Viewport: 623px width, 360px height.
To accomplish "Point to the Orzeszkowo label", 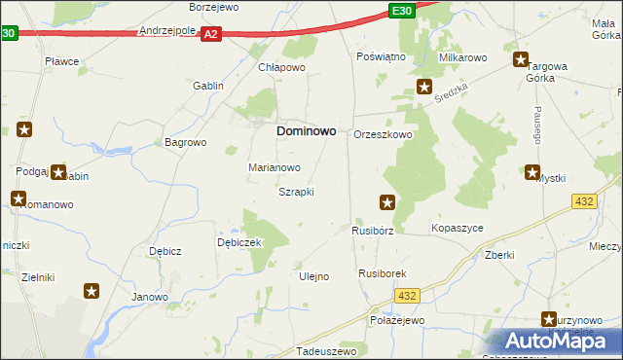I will tap(383, 135).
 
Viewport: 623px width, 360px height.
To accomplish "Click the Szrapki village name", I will tap(296, 192).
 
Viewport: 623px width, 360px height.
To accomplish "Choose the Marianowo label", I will tap(274, 167).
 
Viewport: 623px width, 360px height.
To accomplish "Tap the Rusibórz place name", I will tap(372, 231).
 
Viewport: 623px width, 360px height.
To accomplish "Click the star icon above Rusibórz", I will tap(387, 202).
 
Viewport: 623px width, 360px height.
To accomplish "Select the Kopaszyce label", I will tap(457, 228).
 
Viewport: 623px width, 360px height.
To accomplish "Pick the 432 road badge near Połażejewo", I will tap(407, 296).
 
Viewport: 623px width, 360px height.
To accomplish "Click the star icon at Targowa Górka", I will tap(521, 60).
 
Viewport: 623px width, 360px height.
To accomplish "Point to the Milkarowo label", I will tap(462, 58).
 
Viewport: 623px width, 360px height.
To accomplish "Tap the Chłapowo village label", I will tap(281, 68).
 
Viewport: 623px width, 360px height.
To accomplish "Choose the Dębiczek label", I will tap(239, 242).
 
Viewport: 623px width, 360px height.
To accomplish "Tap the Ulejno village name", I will tap(312, 276).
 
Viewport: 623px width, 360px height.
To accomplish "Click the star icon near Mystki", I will tap(532, 173).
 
